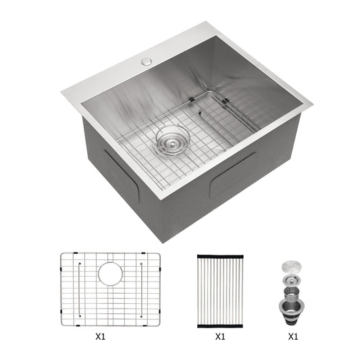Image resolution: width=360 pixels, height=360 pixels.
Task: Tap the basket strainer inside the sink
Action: (171, 140)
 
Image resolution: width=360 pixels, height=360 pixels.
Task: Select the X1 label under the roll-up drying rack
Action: (220, 336)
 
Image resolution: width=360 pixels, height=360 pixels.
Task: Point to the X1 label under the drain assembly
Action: (293, 336)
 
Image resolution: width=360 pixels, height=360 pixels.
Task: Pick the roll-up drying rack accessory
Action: (220, 289)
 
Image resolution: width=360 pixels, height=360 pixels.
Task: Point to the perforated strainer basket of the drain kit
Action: (293, 291)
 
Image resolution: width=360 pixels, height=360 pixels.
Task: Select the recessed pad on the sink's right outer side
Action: (233, 174)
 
